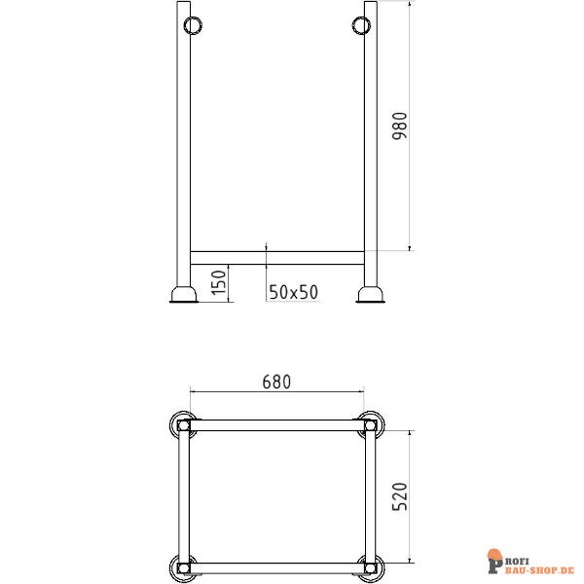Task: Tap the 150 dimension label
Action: click(219, 281)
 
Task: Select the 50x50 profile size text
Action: click(293, 291)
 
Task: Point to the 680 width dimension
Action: click(276, 383)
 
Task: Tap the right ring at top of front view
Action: click(358, 23)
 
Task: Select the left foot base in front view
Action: click(183, 293)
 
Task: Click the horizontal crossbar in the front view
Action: click(277, 258)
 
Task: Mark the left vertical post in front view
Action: click(183, 146)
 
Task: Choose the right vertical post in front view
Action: click(371, 146)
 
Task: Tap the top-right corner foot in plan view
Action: click(370, 424)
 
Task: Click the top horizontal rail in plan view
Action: click(276, 425)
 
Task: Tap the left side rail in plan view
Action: click(183, 496)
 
